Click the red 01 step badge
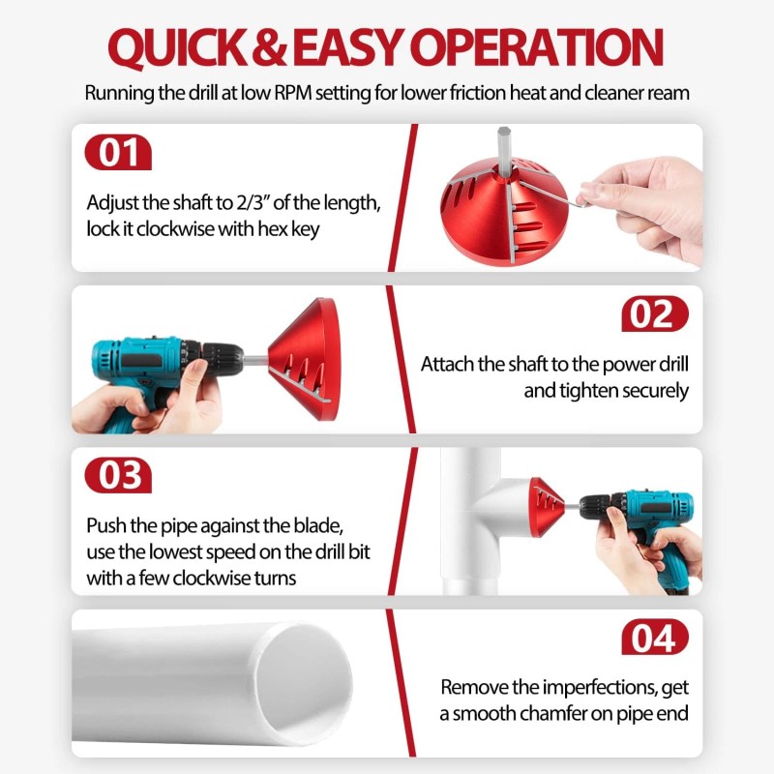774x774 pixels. [x=119, y=154]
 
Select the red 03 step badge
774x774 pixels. [x=119, y=476]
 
